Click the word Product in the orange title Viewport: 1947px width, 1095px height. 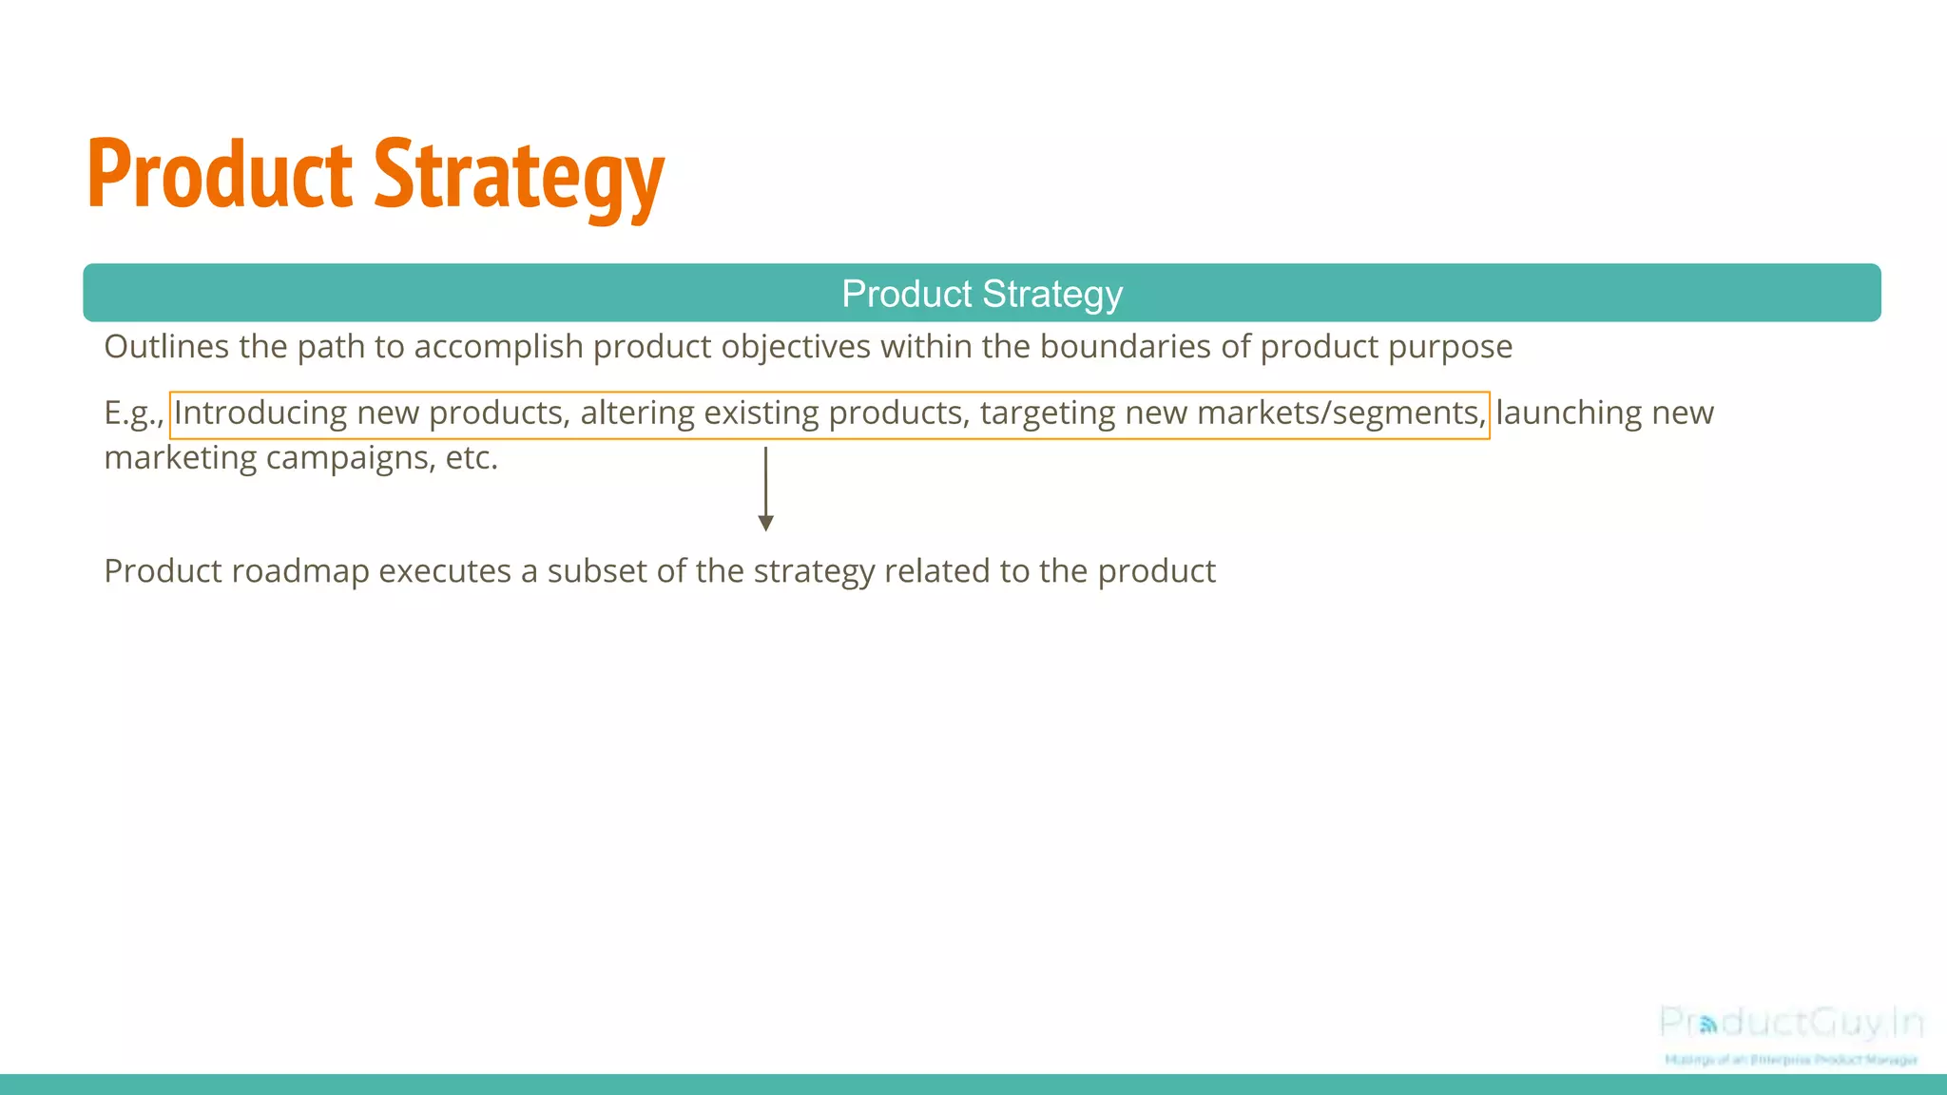[220, 175]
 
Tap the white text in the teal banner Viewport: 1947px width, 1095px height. [981, 294]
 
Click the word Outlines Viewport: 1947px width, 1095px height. [166, 347]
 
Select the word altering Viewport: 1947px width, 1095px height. [637, 413]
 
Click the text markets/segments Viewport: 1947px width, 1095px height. [1340, 413]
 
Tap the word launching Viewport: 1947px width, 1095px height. [1569, 413]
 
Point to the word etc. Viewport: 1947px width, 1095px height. [472, 458]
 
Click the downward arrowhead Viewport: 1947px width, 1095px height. [765, 523]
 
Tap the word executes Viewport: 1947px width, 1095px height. [444, 571]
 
